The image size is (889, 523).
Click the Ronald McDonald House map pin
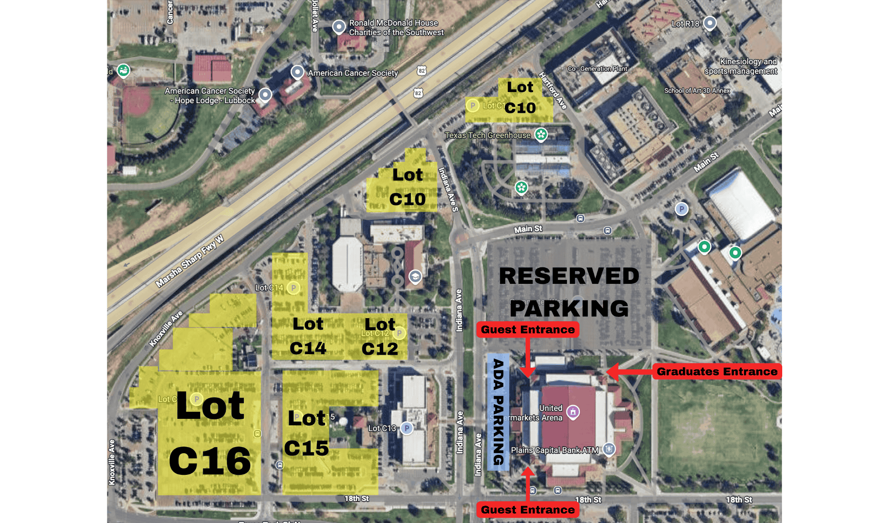[339, 26]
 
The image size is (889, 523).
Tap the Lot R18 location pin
[710, 23]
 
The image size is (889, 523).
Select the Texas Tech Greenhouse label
[487, 135]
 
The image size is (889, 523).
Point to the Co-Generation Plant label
[597, 69]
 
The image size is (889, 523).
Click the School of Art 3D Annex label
[697, 91]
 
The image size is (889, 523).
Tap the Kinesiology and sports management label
[741, 66]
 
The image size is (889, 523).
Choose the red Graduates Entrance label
[717, 372]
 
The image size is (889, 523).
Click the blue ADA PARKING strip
[498, 411]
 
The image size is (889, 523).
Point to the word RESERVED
[569, 276]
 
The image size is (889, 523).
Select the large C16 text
[210, 461]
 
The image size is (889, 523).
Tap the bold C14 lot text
[308, 348]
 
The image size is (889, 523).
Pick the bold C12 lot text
[380, 349]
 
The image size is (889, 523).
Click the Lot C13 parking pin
[407, 428]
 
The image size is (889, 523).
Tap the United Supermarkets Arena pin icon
[573, 411]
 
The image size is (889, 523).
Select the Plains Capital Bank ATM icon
[609, 449]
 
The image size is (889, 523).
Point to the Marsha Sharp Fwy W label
[190, 261]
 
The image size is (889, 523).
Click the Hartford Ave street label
[553, 90]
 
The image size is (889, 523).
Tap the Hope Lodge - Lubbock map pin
[265, 94]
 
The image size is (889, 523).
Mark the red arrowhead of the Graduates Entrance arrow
[612, 372]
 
